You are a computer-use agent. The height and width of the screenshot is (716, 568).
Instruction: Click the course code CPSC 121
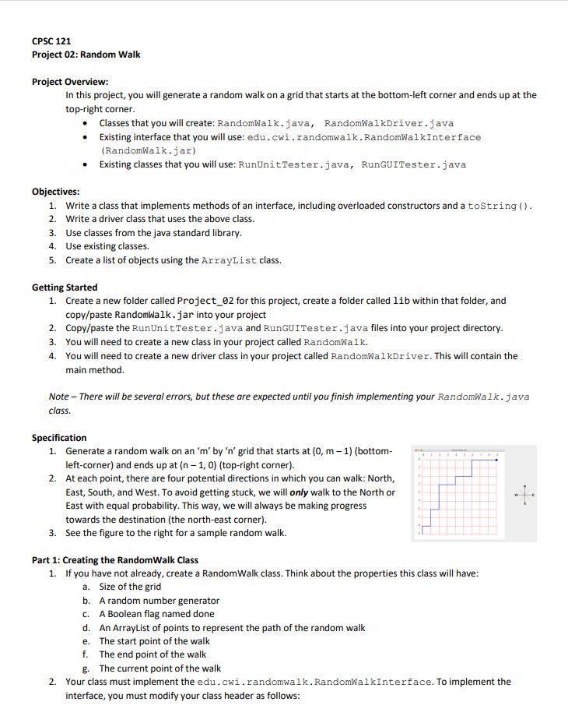pyautogui.click(x=51, y=41)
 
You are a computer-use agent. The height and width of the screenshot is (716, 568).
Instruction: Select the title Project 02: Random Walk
pyautogui.click(x=86, y=55)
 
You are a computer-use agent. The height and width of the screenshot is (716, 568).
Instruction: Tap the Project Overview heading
pyautogui.click(x=70, y=82)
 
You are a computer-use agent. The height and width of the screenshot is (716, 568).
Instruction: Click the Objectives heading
pyautogui.click(x=55, y=192)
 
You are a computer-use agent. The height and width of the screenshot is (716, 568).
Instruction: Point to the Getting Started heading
pyautogui.click(x=65, y=287)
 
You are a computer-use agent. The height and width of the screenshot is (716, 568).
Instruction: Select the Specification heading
pyautogui.click(x=59, y=438)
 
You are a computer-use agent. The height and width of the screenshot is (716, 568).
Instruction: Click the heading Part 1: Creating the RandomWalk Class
pyautogui.click(x=114, y=560)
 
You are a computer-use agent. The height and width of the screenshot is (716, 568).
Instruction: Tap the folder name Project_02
pyautogui.click(x=206, y=301)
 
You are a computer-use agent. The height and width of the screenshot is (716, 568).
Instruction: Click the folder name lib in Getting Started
pyautogui.click(x=402, y=301)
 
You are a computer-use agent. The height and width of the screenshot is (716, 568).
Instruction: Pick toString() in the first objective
pyautogui.click(x=501, y=206)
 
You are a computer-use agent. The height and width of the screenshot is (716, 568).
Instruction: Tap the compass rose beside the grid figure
pyautogui.click(x=524, y=495)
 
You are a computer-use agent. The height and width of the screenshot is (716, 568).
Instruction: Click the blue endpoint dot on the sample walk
pyautogui.click(x=496, y=460)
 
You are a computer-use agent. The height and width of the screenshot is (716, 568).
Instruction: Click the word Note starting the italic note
pyautogui.click(x=59, y=397)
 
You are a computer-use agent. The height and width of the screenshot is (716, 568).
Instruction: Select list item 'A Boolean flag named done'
pyautogui.click(x=156, y=614)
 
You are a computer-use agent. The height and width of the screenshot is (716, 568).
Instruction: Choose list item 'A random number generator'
pyautogui.click(x=159, y=601)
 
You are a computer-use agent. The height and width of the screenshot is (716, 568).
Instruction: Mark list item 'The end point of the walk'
pyautogui.click(x=153, y=654)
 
